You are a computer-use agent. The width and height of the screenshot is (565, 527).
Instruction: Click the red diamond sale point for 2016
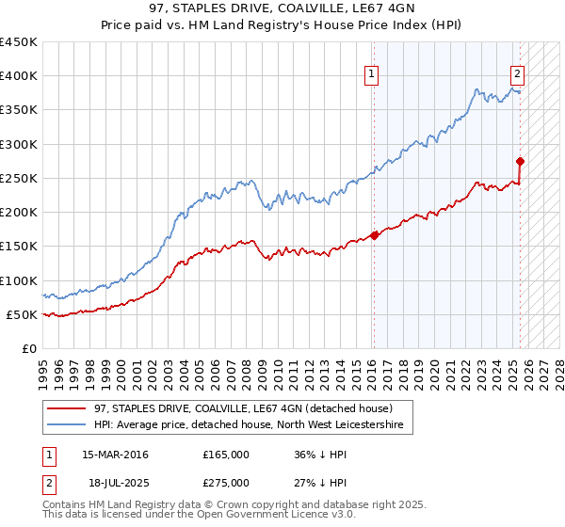click(375, 235)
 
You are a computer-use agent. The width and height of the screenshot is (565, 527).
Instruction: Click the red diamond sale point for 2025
click(520, 161)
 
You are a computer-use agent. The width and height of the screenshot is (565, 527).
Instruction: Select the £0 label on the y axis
click(29, 348)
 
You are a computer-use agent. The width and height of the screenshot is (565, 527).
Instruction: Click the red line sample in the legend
click(64, 407)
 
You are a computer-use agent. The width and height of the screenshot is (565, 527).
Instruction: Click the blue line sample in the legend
click(64, 424)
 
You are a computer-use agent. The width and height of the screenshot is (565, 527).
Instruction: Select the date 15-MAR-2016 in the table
click(115, 454)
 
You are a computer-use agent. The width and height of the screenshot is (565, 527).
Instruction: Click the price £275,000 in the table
click(226, 482)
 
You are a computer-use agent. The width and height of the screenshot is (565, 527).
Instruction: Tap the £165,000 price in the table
click(226, 454)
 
